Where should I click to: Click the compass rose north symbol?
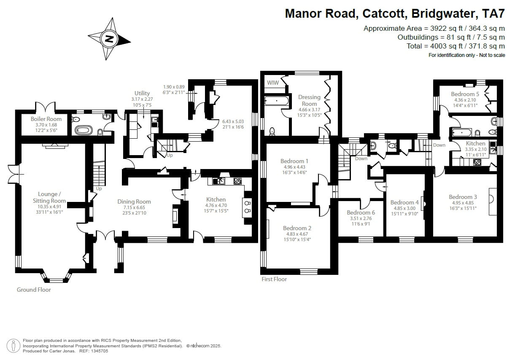[x=109, y=39]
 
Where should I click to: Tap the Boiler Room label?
[x=46, y=119]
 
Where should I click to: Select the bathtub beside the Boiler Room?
[x=84, y=130]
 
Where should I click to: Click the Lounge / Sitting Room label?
[x=49, y=197]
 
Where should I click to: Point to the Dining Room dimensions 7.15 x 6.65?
[x=134, y=207]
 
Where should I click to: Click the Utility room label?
[x=142, y=93]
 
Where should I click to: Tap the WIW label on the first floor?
[x=273, y=83]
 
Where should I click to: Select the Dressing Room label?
[x=309, y=100]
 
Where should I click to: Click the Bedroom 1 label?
[x=294, y=161]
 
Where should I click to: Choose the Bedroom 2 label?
[x=297, y=228]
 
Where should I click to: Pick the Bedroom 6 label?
[x=361, y=212]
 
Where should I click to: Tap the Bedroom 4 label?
[x=404, y=202]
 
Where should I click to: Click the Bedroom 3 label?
[x=463, y=197]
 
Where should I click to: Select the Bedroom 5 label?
[x=465, y=94]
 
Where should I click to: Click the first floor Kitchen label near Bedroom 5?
[x=475, y=143]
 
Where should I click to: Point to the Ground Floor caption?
[x=34, y=290]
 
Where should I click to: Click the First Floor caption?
[x=274, y=279]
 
